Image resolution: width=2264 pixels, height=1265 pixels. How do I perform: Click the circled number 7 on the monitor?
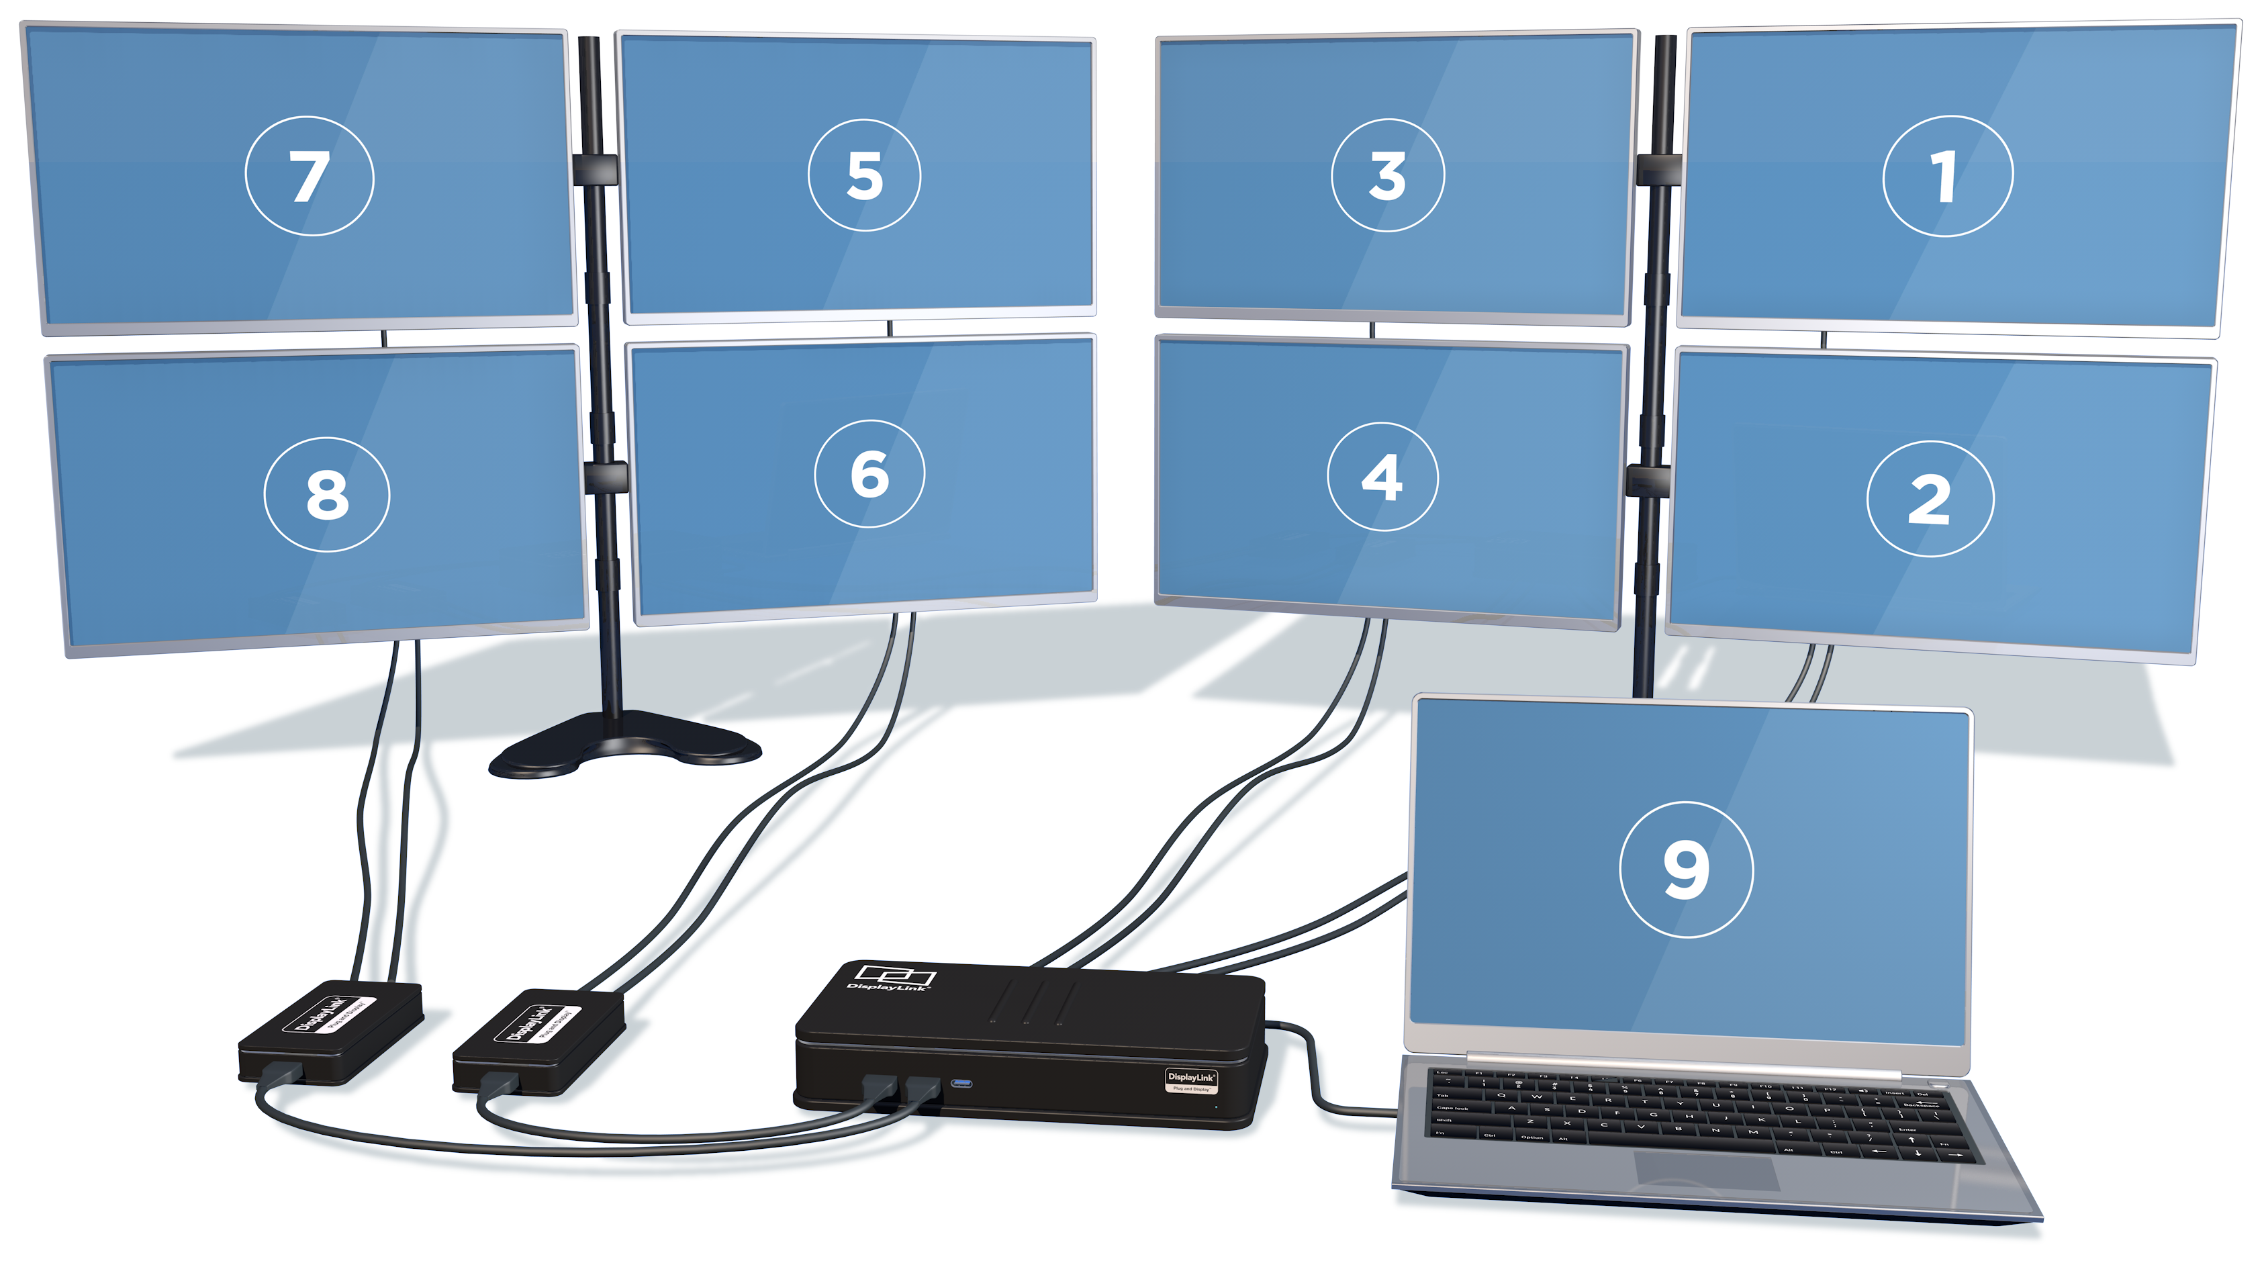pos(310,177)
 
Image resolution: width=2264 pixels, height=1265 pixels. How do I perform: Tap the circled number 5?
pos(864,175)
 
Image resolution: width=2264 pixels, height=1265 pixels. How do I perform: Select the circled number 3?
pos(1387,176)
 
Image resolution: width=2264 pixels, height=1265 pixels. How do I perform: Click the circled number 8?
pos(327,495)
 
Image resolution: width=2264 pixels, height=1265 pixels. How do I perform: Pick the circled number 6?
pos(869,474)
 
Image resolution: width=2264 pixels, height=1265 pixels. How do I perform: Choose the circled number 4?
pos(1382,477)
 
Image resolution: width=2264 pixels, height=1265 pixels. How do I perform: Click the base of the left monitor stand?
pos(624,747)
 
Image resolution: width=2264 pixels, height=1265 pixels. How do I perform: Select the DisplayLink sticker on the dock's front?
pos(1191,1080)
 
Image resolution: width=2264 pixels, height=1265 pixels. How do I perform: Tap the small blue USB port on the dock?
pos(961,1083)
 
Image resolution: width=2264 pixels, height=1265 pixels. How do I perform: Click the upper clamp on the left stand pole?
pos(595,169)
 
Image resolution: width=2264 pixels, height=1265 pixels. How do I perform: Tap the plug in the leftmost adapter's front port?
pos(281,1074)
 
